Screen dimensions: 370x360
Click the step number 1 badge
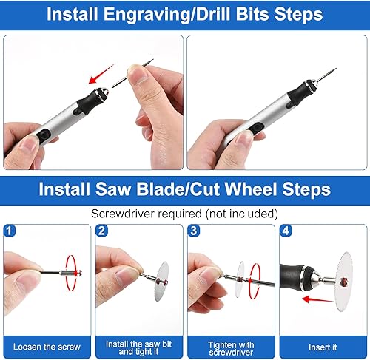tap(10, 231)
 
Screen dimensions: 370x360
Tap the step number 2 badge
tap(101, 231)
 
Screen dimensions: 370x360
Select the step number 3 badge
tap(194, 231)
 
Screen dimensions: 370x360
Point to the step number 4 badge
tap(286, 231)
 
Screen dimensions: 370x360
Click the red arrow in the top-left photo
tap(101, 74)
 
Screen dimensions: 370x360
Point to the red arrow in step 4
tap(317, 299)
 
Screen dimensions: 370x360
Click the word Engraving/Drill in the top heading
tap(167, 15)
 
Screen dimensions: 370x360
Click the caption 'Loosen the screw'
tap(47, 347)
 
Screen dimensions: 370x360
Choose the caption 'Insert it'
tap(323, 347)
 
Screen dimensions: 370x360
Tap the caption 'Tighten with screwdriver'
tap(231, 348)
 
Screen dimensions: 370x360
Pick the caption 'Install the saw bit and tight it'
tap(138, 347)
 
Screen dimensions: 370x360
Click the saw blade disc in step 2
tap(162, 282)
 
